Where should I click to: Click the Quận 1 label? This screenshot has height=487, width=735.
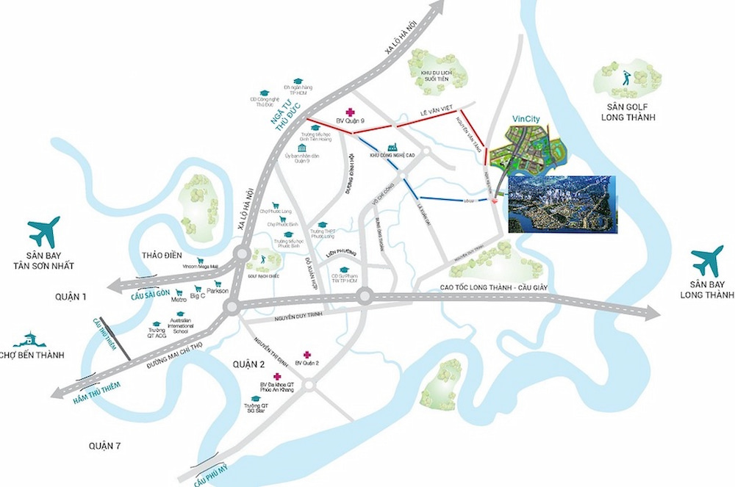coord(76,296)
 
